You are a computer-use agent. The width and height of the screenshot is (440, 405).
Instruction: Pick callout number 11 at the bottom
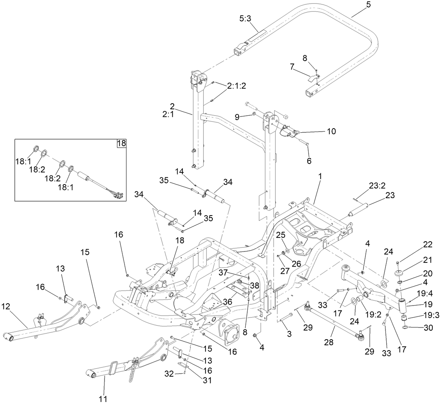pos(103,399)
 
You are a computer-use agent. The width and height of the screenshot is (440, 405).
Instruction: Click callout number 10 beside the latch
pos(331,131)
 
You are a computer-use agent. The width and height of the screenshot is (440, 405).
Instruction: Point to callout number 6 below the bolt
pos(309,161)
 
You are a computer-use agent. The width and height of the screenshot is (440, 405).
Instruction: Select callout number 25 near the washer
pos(280,235)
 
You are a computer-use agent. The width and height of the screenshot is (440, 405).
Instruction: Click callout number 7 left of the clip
pos(292,67)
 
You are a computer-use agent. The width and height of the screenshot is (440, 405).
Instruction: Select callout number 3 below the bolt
pos(289,334)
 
